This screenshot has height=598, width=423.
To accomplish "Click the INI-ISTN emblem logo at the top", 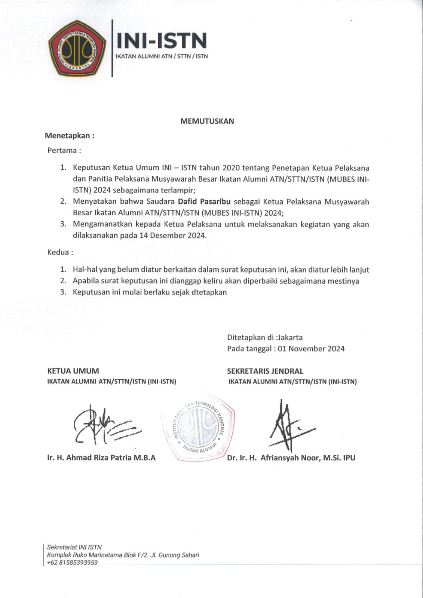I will (77, 49).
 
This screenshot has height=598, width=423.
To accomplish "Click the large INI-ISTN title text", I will (162, 40).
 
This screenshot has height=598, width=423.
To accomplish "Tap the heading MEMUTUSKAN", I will (207, 121).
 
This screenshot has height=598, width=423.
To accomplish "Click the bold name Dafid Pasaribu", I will (204, 202).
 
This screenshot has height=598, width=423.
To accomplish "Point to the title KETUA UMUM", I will (73, 371).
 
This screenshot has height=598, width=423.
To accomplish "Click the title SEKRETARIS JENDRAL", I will (265, 371).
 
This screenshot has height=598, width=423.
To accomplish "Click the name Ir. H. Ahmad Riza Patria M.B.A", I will (101, 457).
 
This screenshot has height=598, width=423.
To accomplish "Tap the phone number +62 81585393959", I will (72, 562).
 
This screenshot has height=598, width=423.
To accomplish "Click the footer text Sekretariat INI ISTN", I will (74, 547).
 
